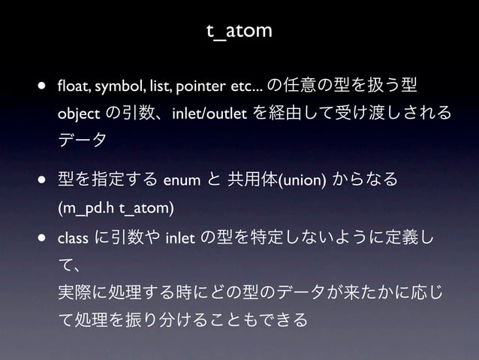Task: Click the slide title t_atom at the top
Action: (x=239, y=31)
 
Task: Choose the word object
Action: (x=79, y=113)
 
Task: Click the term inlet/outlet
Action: (x=206, y=113)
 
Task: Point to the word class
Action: (x=73, y=239)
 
